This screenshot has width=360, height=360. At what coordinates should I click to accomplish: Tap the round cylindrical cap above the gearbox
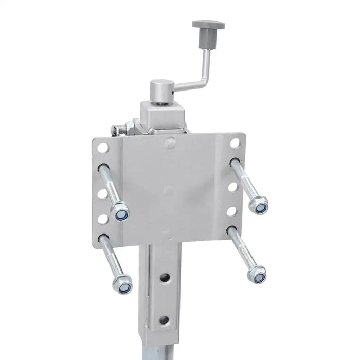coord(163,91)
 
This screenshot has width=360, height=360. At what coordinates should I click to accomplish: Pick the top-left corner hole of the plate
coord(103,148)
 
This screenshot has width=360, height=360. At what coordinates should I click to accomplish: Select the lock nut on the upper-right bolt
coord(259,206)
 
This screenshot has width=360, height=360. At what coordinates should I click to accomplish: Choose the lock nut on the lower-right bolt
coord(257,275)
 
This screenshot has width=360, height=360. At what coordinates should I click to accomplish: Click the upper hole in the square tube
coord(165,278)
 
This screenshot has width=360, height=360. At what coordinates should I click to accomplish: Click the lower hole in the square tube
coord(164,319)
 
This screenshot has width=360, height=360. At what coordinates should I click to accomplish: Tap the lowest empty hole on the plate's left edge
coord(102,219)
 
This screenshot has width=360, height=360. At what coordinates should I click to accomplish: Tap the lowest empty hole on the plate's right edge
coord(232,211)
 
